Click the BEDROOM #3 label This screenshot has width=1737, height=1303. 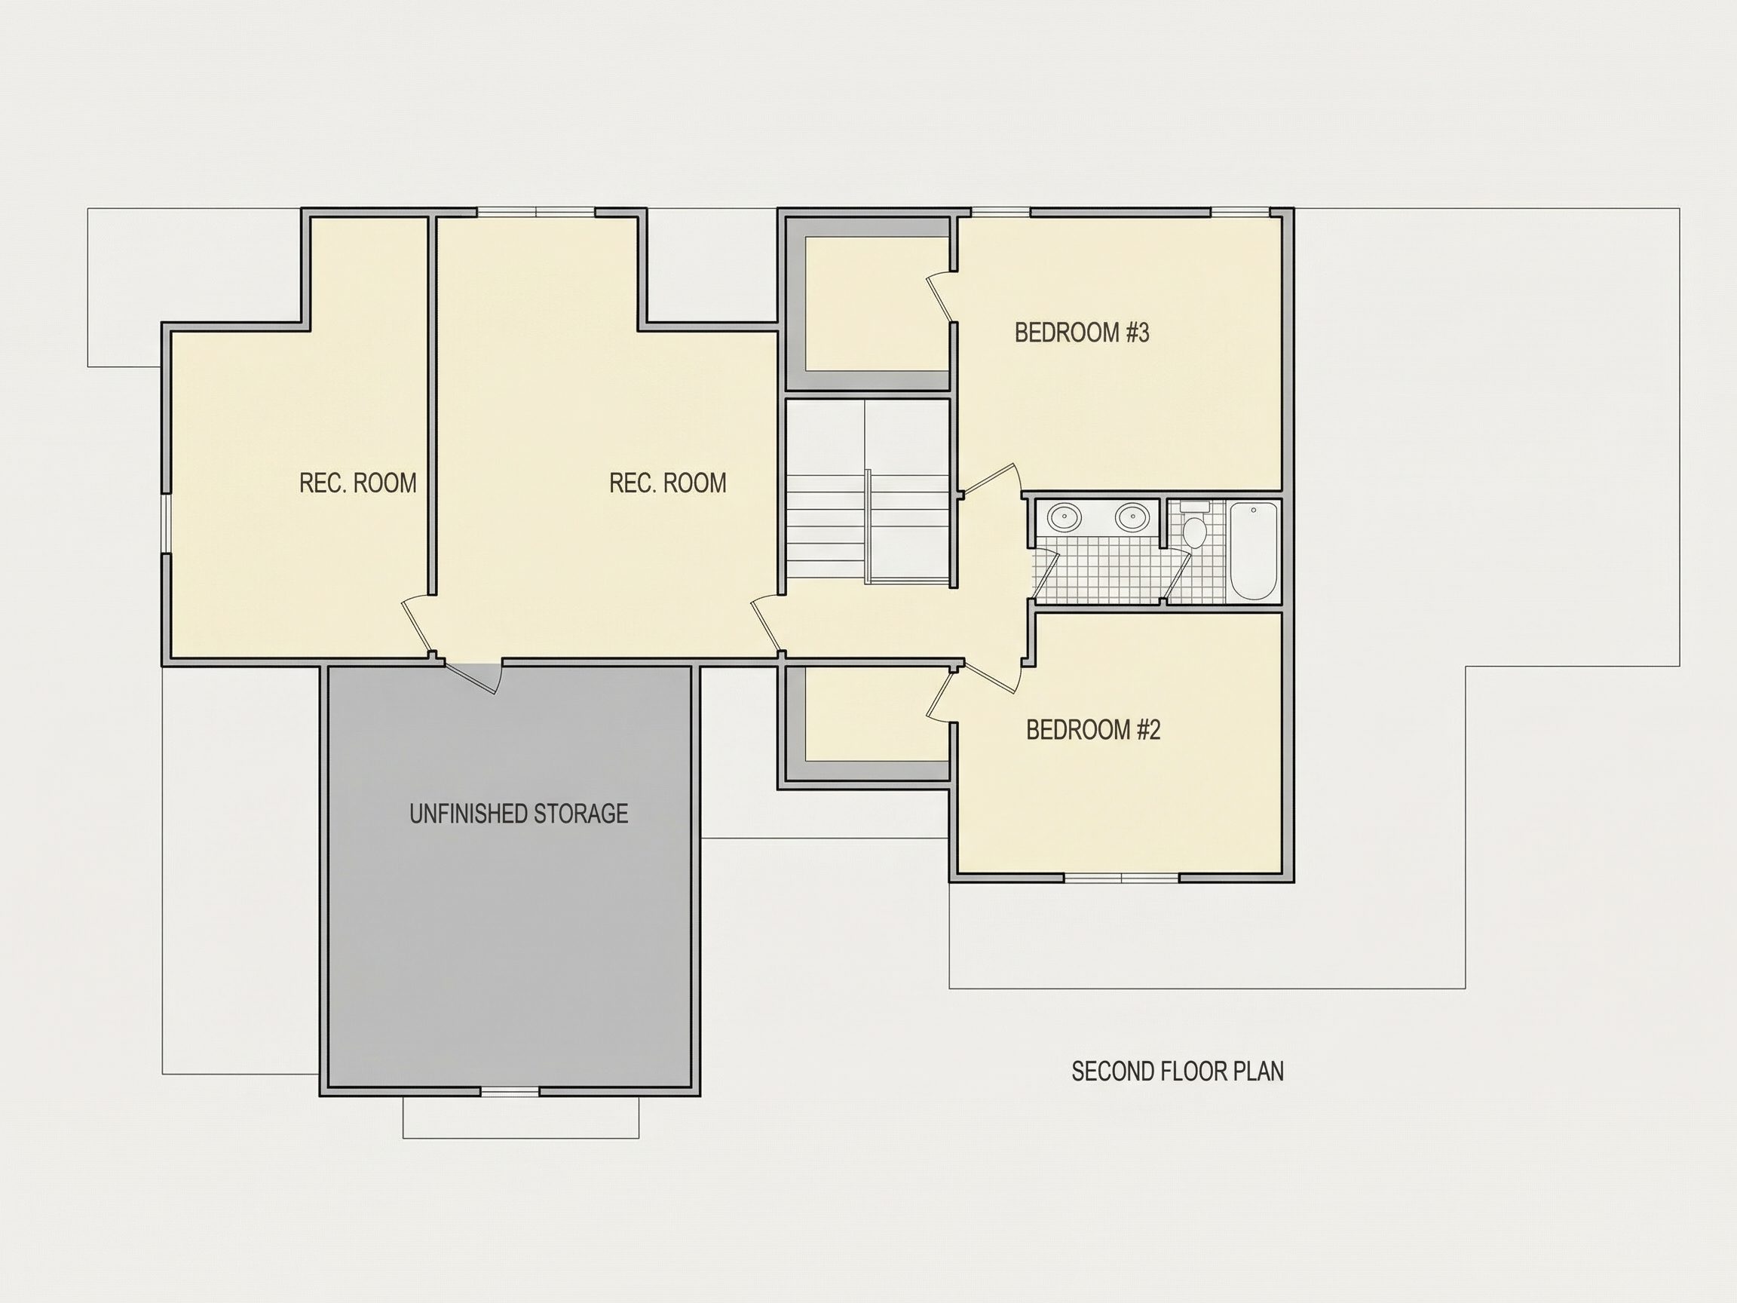(x=1081, y=333)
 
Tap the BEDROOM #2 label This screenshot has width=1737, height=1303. (x=1093, y=731)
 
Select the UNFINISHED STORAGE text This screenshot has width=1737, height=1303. (x=518, y=814)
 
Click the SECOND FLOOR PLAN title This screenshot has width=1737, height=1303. (x=1178, y=1072)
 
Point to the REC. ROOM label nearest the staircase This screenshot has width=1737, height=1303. (x=667, y=483)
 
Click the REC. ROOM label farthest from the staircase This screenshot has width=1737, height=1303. (x=358, y=483)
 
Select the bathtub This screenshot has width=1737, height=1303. (x=1253, y=550)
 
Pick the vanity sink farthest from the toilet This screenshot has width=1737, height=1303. (x=1065, y=517)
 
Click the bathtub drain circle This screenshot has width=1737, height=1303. (x=1253, y=510)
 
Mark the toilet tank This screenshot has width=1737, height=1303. (x=1195, y=507)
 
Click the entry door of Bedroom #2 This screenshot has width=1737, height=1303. (x=991, y=680)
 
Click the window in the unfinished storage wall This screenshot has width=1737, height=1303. (x=510, y=1091)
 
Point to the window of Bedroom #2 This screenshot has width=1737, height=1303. (x=1122, y=877)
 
